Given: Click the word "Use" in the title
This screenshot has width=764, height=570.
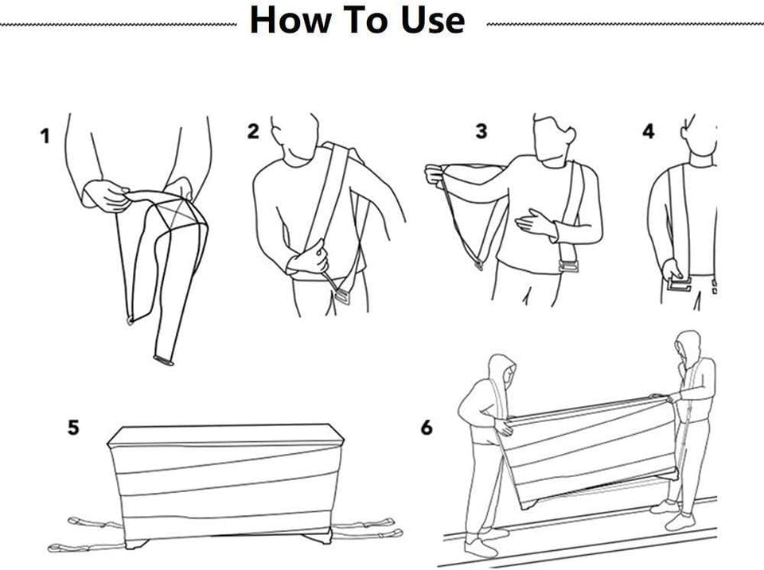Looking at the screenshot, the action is tap(433, 20).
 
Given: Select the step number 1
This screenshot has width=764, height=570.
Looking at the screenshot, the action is tap(45, 136).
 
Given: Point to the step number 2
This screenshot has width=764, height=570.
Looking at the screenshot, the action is tap(253, 131).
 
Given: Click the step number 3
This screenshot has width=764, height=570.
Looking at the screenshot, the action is tap(481, 131).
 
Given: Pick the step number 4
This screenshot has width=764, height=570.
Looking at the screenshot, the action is tap(649, 131).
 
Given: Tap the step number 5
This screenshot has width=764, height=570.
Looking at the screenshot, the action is tap(73, 428).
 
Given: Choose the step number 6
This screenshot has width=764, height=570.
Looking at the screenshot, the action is tap(427, 428).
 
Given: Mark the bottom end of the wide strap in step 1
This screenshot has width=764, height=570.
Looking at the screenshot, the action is tap(164, 360).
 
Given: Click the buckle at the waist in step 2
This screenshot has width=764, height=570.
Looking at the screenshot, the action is tap(341, 296).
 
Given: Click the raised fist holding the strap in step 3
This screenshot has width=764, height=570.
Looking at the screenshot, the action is tap(435, 174).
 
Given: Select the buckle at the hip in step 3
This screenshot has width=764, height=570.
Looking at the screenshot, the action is tap(568, 267).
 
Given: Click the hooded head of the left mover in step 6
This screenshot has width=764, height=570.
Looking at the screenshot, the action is tap(503, 372).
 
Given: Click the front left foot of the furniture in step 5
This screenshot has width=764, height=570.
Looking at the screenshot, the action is tap(137, 542).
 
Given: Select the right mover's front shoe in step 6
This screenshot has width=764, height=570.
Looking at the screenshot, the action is tap(680, 522).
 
